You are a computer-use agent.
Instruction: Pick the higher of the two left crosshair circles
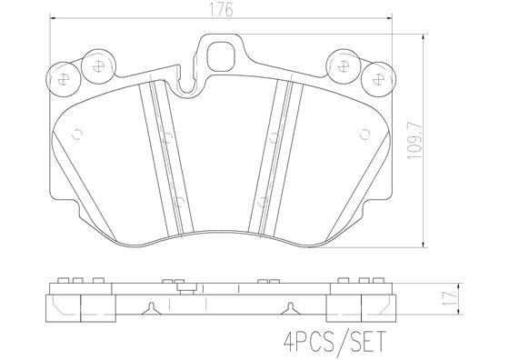[x=95, y=65]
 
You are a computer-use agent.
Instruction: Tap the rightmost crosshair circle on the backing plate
[x=374, y=78]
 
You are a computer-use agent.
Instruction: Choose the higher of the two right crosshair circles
[x=343, y=65]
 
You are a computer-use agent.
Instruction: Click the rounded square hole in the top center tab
[x=219, y=57]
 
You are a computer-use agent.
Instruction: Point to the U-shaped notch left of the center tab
[x=187, y=87]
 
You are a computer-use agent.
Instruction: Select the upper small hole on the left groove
[x=168, y=139]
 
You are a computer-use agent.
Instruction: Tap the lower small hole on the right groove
[x=262, y=202]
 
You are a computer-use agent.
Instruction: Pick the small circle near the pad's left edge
[x=76, y=136]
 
